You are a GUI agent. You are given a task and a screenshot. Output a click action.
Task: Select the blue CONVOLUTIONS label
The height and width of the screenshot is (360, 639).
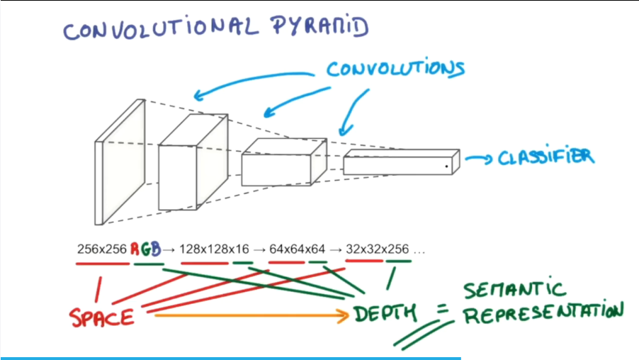395,69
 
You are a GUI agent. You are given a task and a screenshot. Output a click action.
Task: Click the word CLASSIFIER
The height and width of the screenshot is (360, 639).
545,157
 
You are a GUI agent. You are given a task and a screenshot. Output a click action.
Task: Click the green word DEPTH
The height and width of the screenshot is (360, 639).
383,313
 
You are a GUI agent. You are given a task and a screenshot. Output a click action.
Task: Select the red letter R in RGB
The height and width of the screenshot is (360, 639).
135,249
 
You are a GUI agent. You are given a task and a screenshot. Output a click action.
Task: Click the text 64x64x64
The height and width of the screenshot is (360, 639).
298,249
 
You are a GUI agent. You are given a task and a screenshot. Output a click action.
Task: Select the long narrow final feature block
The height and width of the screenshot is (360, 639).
400,163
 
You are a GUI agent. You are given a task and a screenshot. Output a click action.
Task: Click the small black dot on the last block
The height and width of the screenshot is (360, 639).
447,167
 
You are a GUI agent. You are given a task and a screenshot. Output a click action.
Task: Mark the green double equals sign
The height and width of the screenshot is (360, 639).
425,332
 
